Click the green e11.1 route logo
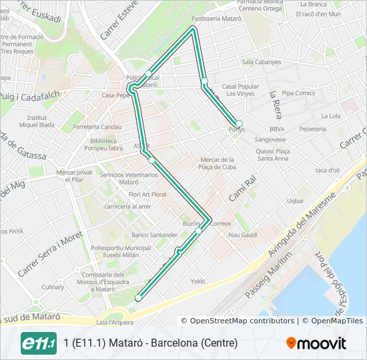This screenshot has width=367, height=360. pos(39,343)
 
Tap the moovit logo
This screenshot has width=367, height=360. pos(316,343)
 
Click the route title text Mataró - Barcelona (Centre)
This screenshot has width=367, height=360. pos(151,343)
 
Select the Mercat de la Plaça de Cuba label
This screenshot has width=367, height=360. pos(218,163)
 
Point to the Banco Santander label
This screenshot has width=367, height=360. pos(155,235)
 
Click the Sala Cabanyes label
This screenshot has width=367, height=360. pos(262,62)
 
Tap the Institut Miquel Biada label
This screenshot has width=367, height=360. pos(37,121)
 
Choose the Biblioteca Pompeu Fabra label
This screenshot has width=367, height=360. pos(107,145)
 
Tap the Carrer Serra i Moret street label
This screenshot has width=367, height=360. pos(49,254)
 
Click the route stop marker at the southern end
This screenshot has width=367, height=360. pos(139,298)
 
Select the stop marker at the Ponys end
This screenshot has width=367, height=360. pos(239,124)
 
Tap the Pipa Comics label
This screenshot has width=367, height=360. pos(298,93)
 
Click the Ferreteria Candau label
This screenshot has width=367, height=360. pos(97,127)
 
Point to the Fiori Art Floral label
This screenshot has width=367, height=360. pos(147,194)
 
